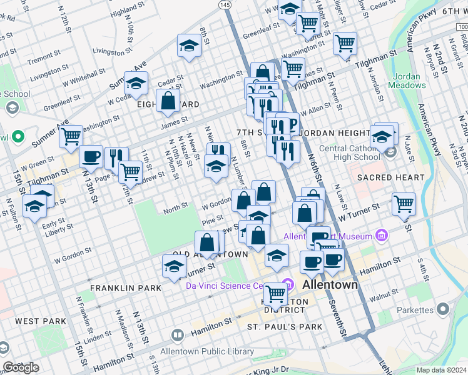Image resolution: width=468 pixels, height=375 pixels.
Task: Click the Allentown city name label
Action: click(330, 284)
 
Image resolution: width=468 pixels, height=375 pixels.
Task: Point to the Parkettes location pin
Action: click(443, 309)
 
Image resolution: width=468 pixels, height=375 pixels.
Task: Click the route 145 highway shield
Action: click(225, 4)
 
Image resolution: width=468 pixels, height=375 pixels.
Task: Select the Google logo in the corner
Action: click(21, 367)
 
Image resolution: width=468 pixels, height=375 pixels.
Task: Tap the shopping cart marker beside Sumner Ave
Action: click(71, 135)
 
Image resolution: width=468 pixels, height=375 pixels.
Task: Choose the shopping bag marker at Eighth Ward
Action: click(168, 101)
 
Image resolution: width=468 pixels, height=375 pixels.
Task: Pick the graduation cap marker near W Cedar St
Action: click(136, 83)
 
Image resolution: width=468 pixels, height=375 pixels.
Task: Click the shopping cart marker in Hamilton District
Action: click(275, 292)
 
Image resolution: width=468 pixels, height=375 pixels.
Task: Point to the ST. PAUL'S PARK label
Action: click(285, 327)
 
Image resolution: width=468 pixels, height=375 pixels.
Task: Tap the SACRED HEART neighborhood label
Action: click(391, 178)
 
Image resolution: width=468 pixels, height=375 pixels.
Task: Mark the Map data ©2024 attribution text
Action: click(441, 370)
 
